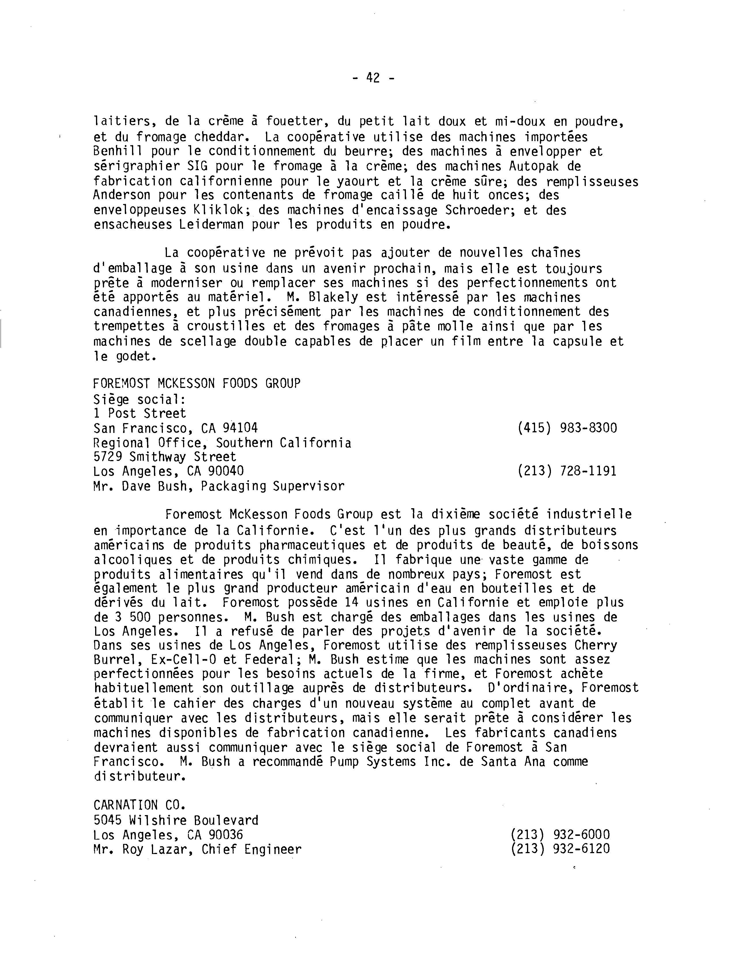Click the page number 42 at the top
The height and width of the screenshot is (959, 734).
pyautogui.click(x=373, y=78)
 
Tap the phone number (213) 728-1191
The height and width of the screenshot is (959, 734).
pyautogui.click(x=567, y=471)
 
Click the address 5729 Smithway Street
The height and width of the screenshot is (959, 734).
pyautogui.click(x=165, y=457)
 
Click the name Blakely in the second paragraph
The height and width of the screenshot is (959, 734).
pyautogui.click(x=326, y=298)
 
